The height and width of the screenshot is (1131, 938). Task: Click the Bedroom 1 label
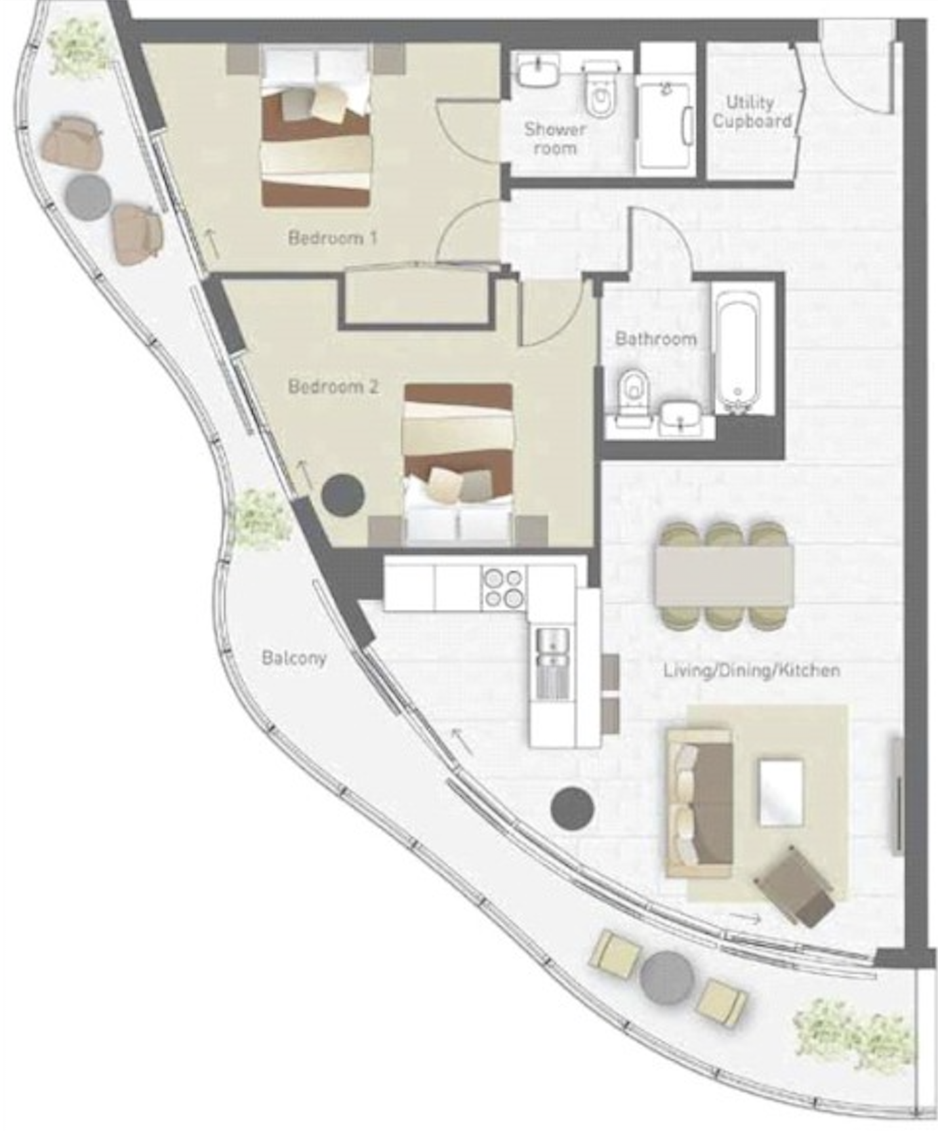pyautogui.click(x=333, y=237)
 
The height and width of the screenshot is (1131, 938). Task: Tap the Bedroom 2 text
pyautogui.click(x=333, y=386)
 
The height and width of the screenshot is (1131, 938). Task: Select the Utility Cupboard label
pyautogui.click(x=752, y=112)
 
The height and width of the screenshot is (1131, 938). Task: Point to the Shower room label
pyautogui.click(x=555, y=138)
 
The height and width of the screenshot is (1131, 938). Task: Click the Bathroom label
pyautogui.click(x=655, y=339)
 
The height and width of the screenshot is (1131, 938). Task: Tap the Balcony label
pyautogui.click(x=294, y=657)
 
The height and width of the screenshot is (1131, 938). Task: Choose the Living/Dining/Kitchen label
pyautogui.click(x=752, y=670)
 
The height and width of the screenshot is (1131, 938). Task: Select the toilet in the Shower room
pyautogui.click(x=600, y=91)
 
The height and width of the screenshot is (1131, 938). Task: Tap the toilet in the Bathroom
pyautogui.click(x=633, y=390)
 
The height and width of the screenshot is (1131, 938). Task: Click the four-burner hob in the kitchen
pyautogui.click(x=504, y=588)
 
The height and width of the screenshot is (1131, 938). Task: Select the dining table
pyautogui.click(x=724, y=575)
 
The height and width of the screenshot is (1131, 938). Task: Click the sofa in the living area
pyautogui.click(x=699, y=803)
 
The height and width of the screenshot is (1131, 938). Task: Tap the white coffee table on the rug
pyautogui.click(x=781, y=792)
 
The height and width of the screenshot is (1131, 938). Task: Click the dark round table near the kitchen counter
pyautogui.click(x=573, y=808)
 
